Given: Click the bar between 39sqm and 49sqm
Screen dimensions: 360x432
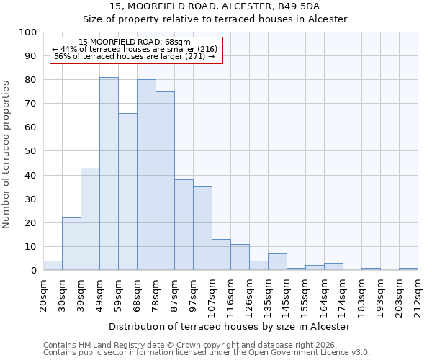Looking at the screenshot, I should (90, 219).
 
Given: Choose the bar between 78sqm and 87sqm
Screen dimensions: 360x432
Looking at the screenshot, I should (165, 181).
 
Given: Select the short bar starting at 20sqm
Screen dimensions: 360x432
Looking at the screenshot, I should (53, 266).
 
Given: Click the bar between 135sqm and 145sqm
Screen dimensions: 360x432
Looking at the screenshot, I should (277, 262).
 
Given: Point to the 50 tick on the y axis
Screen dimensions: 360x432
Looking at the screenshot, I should (30, 151).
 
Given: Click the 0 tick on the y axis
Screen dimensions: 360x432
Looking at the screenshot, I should (33, 271).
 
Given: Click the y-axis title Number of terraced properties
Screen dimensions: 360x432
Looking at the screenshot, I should (7, 154).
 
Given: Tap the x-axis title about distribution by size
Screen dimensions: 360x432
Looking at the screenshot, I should (230, 327).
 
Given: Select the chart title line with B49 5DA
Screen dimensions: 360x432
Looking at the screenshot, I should (215, 6).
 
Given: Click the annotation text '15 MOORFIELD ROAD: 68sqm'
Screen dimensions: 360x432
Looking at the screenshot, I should (135, 42).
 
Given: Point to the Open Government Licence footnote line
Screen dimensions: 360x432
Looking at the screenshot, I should (206, 353).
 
